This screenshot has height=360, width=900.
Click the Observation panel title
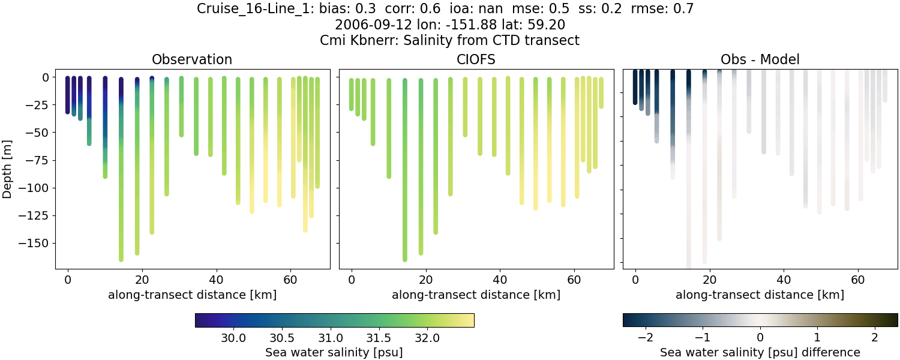(x=192, y=59)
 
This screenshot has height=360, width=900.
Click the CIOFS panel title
(x=476, y=59)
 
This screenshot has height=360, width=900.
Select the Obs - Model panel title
(x=760, y=59)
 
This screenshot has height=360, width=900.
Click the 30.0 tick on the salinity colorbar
(x=233, y=338)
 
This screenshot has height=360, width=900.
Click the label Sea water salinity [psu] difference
(x=760, y=352)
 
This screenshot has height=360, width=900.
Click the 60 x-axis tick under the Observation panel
(x=290, y=279)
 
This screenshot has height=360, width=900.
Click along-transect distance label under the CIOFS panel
(x=476, y=295)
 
